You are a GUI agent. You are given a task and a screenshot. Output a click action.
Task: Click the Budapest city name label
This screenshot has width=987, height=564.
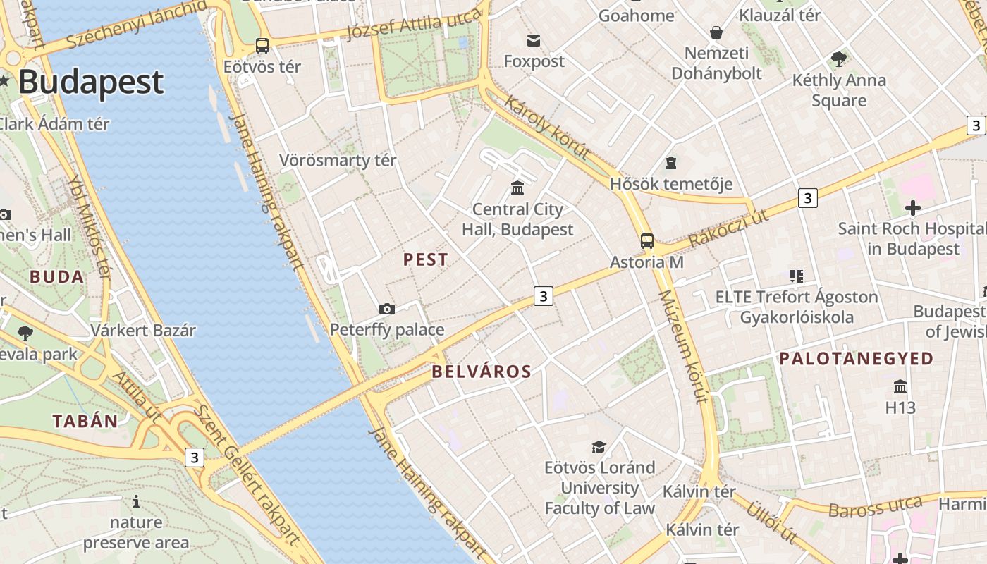tap(90, 82)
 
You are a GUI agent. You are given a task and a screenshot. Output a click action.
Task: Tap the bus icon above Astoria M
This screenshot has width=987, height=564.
tap(646, 241)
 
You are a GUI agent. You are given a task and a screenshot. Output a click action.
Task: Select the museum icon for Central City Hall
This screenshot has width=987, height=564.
tap(517, 188)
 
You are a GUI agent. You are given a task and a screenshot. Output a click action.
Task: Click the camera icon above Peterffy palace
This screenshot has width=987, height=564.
tap(386, 309)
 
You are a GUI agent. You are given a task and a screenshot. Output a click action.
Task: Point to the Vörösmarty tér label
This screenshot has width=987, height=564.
tap(338, 160)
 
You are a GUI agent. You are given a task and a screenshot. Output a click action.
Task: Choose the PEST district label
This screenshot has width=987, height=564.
tap(425, 259)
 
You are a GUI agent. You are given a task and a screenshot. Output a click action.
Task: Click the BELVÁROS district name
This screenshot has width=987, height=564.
tap(482, 372)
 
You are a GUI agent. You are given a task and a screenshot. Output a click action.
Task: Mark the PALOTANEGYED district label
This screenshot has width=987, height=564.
tap(856, 359)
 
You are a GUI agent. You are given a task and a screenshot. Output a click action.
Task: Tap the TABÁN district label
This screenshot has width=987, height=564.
tap(85, 422)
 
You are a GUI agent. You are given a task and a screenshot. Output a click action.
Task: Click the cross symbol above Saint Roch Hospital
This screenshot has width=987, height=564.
tap(912, 208)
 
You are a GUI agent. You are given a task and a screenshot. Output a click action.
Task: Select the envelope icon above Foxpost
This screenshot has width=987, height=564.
tap(534, 42)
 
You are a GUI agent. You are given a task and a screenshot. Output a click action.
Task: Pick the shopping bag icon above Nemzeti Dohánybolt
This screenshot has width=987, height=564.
tap(716, 32)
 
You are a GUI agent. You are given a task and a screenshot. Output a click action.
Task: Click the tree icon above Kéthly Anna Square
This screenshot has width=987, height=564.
tap(838, 59)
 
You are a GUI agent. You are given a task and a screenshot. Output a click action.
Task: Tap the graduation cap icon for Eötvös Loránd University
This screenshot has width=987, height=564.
tap(599, 447)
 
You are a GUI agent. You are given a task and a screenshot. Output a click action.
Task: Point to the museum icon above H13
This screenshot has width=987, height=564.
tap(900, 386)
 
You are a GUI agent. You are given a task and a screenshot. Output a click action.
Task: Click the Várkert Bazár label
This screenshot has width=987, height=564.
tap(143, 330)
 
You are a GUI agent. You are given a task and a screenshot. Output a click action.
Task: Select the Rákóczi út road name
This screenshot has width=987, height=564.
tap(728, 228)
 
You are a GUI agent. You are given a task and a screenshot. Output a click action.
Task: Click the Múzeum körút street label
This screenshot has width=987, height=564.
tap(682, 346)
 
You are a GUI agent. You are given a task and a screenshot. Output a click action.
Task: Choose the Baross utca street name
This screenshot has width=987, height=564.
tap(875, 507)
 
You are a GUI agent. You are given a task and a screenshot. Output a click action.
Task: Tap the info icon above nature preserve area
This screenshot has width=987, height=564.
tap(136, 501)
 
